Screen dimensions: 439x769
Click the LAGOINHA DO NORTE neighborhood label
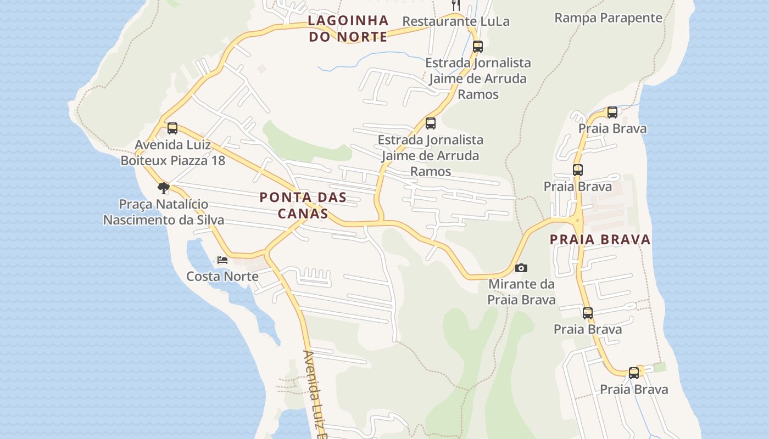coord(348,29)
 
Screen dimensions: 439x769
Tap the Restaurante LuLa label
coord(456,21)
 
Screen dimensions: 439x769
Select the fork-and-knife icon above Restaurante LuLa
coord(455,5)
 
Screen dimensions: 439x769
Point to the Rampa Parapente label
coord(608,18)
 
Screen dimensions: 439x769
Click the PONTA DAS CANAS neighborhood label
coord(303,205)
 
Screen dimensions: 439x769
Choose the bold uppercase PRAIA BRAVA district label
coord(600,239)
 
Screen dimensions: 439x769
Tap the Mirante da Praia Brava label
coord(521,292)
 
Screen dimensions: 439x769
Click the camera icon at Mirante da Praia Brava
coord(521,268)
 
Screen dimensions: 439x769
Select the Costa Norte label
coord(222,276)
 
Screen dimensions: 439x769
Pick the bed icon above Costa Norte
coord(222,260)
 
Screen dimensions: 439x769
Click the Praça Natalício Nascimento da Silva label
coord(164,212)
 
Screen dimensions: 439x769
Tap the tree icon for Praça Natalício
coord(163,188)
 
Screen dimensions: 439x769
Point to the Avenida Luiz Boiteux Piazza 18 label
coord(172,153)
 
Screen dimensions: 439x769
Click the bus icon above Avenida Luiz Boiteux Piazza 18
coord(172,128)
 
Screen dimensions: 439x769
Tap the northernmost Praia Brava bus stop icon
coord(612,112)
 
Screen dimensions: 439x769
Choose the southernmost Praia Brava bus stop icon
coord(634,373)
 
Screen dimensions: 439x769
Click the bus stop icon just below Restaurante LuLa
coord(478,46)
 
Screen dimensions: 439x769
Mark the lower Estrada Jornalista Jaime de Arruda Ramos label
coord(430,156)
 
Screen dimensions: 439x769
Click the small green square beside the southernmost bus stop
coord(660,367)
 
